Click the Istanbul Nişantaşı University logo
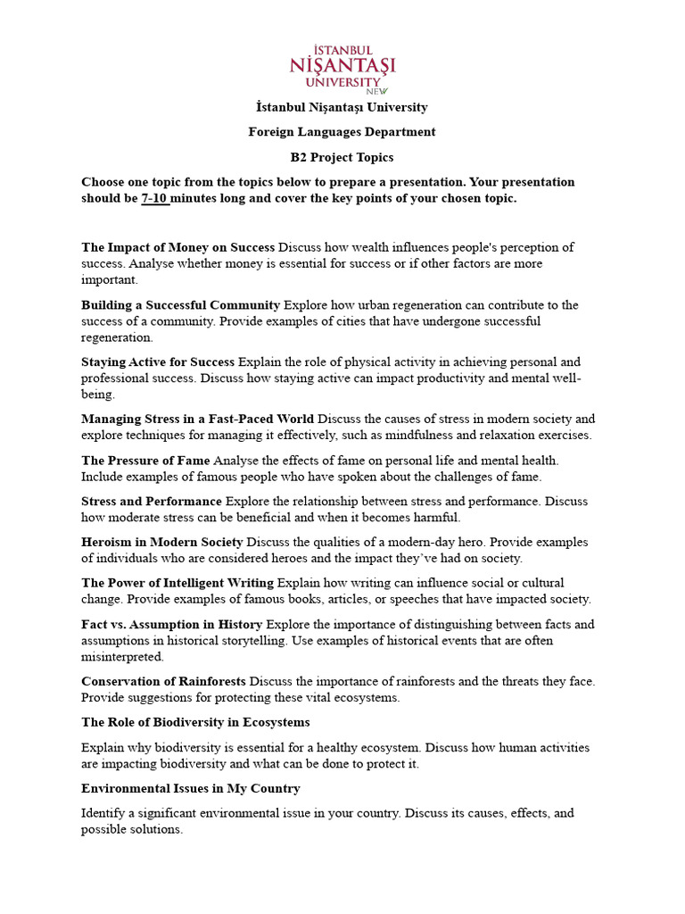point(342,68)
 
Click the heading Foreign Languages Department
point(342,132)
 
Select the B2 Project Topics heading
point(342,157)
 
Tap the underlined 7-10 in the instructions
point(155,198)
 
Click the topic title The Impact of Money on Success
point(177,247)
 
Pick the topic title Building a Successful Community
point(180,305)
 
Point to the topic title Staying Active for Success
point(158,362)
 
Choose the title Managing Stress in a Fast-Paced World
point(197,419)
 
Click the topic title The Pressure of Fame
point(145,460)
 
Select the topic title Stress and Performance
point(151,502)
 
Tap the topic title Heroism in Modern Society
point(161,542)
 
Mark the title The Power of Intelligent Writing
point(177,583)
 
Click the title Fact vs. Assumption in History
point(171,624)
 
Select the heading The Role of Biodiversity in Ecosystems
point(195,722)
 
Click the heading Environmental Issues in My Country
point(190,789)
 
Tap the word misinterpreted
point(122,657)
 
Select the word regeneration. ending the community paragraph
point(117,338)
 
